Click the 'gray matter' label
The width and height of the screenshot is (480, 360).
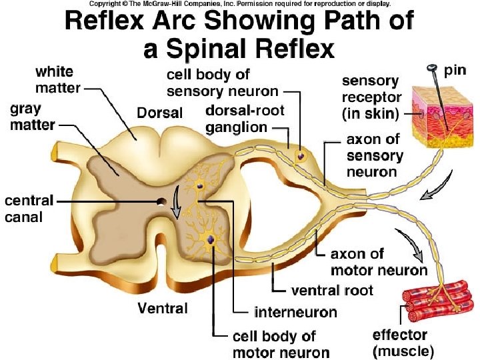tap(34, 117)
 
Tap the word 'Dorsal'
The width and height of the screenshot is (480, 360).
tap(159, 113)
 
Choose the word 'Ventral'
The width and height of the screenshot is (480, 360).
tap(162, 308)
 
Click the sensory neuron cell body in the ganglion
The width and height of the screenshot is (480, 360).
tap(301, 156)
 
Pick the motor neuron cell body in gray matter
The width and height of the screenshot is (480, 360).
tap(211, 239)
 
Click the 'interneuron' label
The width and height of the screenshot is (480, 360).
tap(295, 311)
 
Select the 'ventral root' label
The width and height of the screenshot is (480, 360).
tap(332, 291)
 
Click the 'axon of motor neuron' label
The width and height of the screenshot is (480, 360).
tap(379, 262)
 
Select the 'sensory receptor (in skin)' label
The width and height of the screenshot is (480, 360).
tap(371, 97)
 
